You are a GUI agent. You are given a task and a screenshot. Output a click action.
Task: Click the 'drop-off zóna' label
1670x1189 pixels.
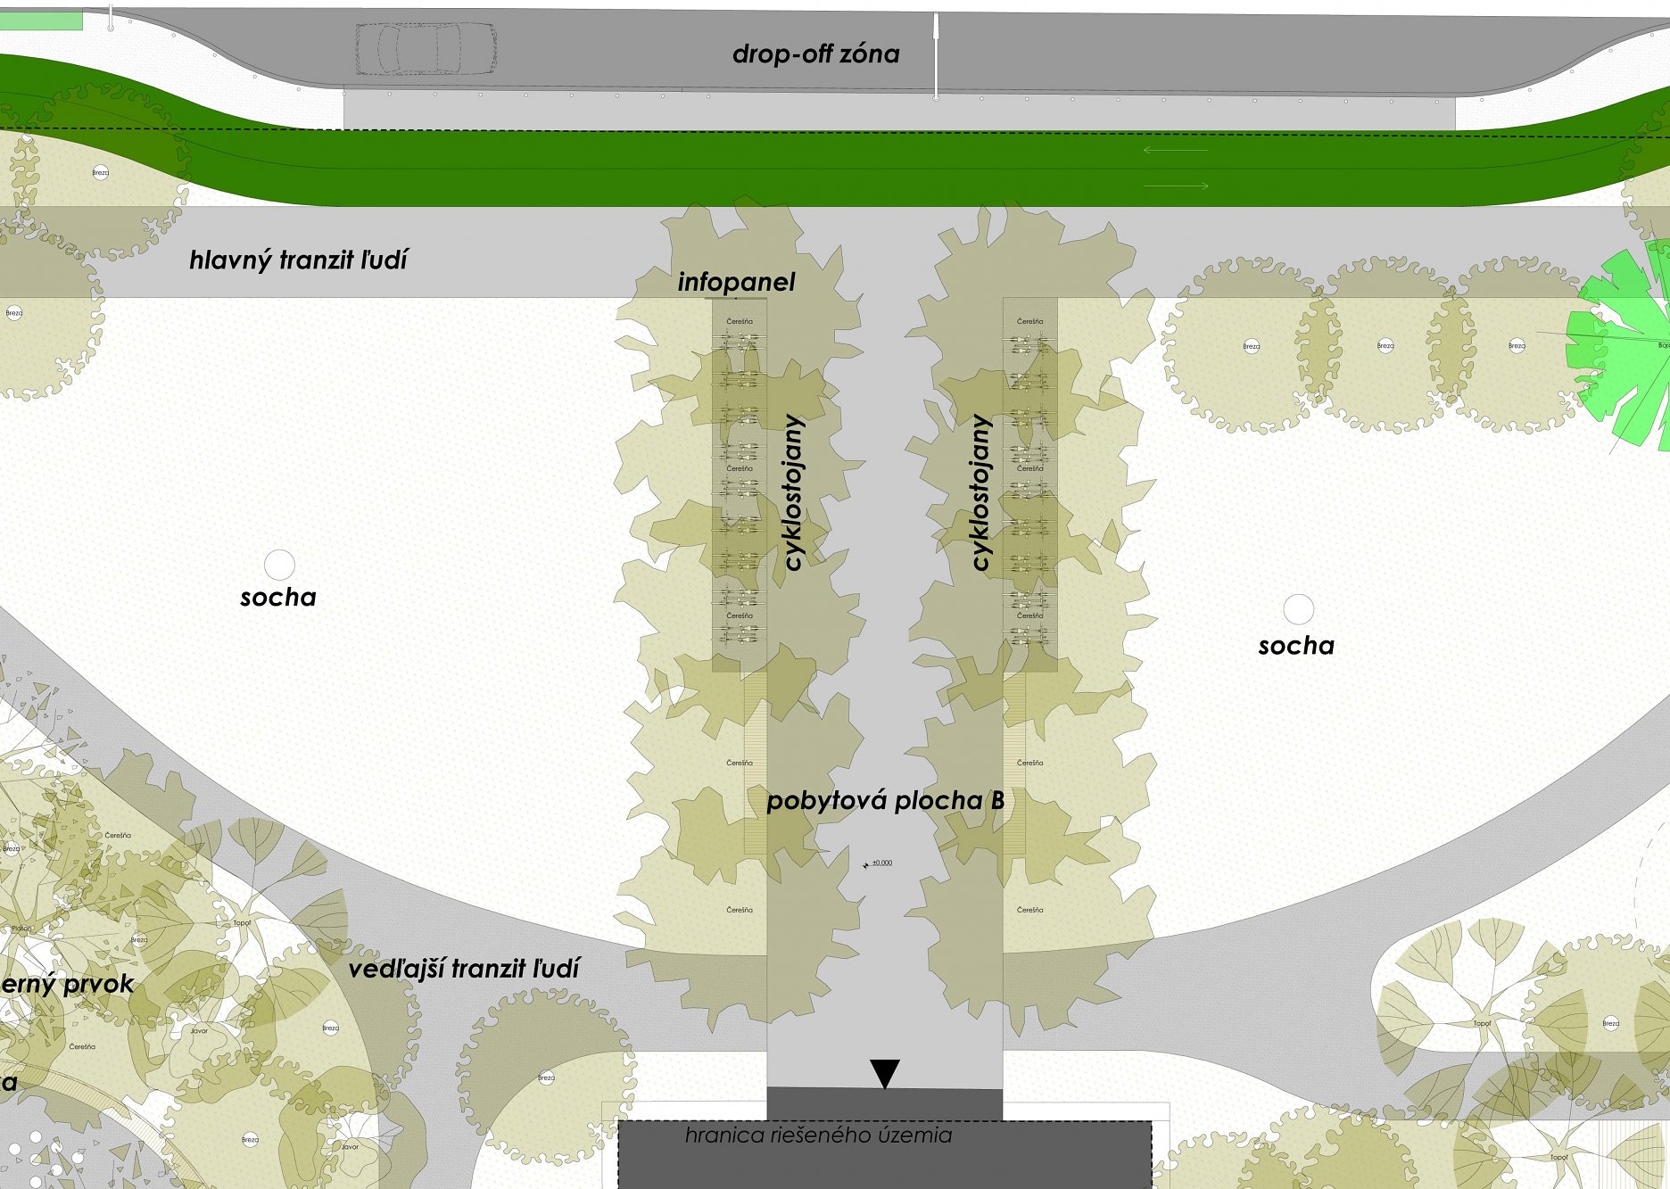(815, 54)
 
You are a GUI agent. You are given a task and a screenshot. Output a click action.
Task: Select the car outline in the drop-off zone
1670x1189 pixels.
(426, 49)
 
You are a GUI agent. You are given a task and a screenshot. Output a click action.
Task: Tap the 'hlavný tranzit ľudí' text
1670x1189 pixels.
(298, 260)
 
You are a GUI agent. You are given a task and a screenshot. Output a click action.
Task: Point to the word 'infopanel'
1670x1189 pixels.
(736, 283)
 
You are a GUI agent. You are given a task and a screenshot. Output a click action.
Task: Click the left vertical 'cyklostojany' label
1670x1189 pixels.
(793, 492)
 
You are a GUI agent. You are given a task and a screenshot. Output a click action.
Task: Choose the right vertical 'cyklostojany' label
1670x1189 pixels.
(980, 492)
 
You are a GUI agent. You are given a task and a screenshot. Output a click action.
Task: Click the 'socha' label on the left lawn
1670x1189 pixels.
(278, 598)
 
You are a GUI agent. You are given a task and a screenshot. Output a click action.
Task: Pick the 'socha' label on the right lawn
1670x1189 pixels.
(1296, 646)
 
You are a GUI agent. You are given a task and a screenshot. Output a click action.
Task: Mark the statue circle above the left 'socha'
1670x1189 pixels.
(279, 565)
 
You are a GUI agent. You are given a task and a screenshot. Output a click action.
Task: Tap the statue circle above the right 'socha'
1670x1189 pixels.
(1298, 609)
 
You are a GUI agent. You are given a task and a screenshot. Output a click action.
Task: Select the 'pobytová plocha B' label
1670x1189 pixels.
(885, 801)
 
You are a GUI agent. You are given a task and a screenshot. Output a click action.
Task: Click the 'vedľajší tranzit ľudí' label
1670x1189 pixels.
(464, 969)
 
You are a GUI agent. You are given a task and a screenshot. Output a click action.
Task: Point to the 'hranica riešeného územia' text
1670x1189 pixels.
(818, 1135)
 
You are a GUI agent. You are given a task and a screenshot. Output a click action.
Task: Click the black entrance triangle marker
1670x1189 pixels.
(884, 1072)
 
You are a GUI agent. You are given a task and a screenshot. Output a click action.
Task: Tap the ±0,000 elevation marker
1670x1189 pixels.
(878, 863)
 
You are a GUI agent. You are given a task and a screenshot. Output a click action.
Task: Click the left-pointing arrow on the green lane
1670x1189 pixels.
(1175, 150)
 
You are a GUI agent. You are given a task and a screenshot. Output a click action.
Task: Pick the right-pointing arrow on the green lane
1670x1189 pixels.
(1176, 186)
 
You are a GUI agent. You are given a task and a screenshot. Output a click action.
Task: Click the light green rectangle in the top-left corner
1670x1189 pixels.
(40, 21)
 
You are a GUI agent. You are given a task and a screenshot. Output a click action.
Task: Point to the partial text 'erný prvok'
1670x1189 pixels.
(67, 985)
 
